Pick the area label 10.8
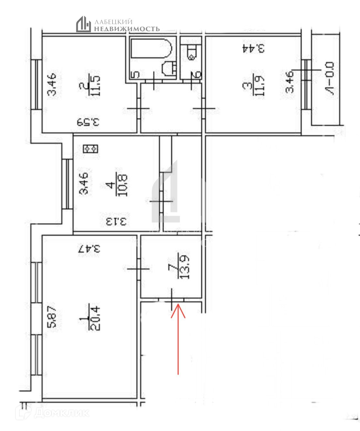123,185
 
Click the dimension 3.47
89,249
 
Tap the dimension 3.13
115,222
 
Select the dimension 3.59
87,122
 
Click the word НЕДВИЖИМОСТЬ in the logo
127,29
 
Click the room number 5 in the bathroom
136,75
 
